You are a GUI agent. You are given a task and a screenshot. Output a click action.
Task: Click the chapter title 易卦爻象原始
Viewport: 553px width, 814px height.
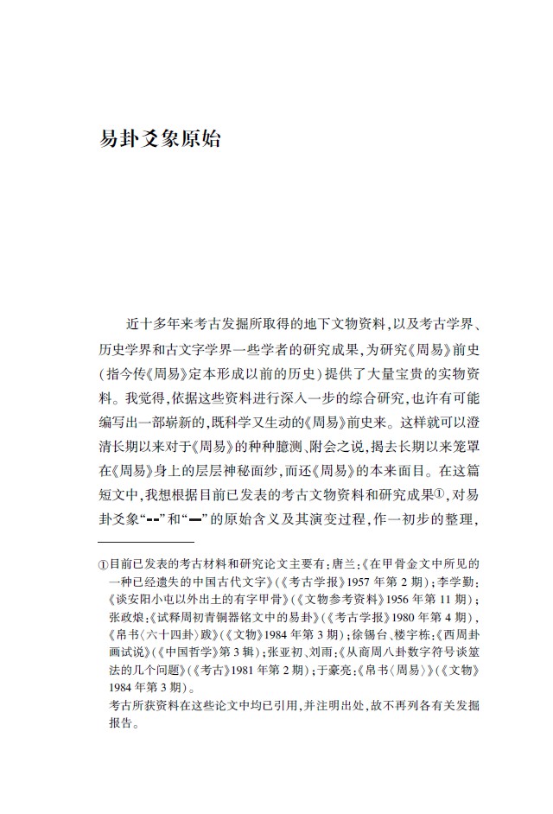(161, 138)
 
